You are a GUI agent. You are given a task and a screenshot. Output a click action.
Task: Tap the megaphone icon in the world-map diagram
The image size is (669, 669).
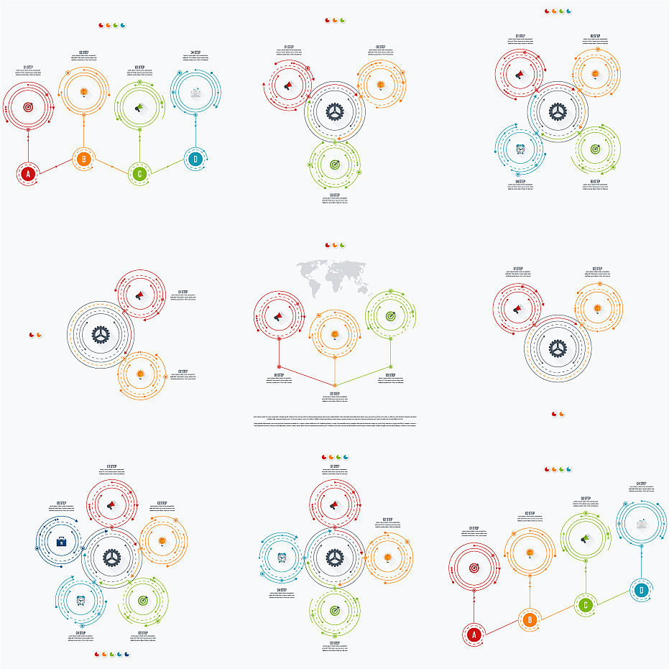click(x=279, y=315)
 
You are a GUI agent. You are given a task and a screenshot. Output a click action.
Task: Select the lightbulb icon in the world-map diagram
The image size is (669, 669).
click(x=334, y=334)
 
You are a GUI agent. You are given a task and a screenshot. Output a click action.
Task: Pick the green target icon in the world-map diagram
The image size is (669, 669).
click(x=390, y=315)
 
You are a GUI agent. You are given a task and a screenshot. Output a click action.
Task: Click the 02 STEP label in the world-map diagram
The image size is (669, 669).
click(x=335, y=394)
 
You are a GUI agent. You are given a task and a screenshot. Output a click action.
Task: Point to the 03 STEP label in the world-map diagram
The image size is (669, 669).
click(x=390, y=374)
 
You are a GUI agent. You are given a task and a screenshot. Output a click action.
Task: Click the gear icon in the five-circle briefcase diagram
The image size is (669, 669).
click(x=111, y=557)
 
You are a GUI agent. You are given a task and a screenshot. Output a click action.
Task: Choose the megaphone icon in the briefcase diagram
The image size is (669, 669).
click(x=111, y=506)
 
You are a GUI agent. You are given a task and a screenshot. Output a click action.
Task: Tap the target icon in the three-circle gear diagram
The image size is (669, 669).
click(x=334, y=165)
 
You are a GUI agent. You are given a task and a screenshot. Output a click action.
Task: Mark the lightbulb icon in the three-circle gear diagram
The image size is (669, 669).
click(x=381, y=85)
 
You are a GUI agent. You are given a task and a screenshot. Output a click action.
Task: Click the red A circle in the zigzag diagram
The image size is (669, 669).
click(x=28, y=174)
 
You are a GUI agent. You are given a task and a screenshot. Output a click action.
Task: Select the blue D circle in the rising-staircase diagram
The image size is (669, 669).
click(x=642, y=590)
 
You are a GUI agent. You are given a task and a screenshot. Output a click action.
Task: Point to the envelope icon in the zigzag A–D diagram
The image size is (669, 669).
click(x=195, y=92)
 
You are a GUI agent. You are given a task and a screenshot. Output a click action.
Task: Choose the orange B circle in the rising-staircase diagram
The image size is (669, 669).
click(x=530, y=619)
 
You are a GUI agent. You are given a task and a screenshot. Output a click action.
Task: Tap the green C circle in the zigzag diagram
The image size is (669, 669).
click(x=139, y=173)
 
